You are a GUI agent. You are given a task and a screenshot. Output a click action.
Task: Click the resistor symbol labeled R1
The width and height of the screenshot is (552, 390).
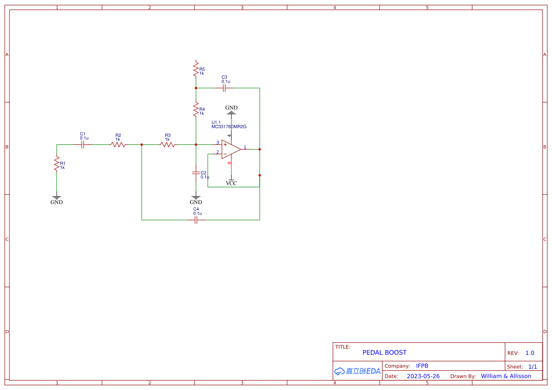pos(57,164)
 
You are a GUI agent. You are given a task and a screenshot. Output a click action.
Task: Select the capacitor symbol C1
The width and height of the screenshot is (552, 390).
pos(83,145)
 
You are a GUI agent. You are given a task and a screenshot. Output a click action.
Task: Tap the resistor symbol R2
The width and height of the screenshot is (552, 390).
pos(118,145)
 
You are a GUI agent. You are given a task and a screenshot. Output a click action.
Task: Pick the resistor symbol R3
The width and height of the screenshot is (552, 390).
pos(168,145)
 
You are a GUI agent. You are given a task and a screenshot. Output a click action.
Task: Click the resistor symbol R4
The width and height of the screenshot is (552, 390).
pos(196,110)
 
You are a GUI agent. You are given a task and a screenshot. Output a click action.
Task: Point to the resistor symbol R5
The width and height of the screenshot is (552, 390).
pos(196,70)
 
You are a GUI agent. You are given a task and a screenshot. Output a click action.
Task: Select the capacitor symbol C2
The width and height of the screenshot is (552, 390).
pos(196,173)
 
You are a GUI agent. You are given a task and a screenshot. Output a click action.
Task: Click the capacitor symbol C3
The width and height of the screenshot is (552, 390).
pos(224,88)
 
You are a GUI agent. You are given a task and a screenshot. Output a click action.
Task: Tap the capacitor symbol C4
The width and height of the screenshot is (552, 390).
pos(196,220)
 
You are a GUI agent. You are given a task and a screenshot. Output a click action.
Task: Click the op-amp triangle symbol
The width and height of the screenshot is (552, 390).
pos(230,149)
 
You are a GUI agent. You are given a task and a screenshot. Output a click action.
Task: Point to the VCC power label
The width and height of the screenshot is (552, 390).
pos(231,183)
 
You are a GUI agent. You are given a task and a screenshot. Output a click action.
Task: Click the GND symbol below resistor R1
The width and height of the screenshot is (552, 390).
pos(57,200)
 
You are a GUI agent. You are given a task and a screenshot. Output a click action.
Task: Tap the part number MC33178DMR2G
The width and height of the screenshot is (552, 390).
pos(229,127)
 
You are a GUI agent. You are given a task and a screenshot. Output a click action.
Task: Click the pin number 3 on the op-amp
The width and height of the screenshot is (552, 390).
pos(218,143)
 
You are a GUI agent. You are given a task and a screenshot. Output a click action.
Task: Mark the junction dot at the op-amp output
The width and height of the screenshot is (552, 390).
pos(260,149)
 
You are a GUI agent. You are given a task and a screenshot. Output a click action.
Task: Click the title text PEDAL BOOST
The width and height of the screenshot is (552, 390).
pos(384,352)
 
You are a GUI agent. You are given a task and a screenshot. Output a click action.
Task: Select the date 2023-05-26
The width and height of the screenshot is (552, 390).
pos(423,376)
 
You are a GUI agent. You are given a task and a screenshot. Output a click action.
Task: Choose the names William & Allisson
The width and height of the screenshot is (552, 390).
pos(506,376)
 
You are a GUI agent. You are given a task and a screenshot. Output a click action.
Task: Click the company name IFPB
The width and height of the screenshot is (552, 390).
pos(422,366)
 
